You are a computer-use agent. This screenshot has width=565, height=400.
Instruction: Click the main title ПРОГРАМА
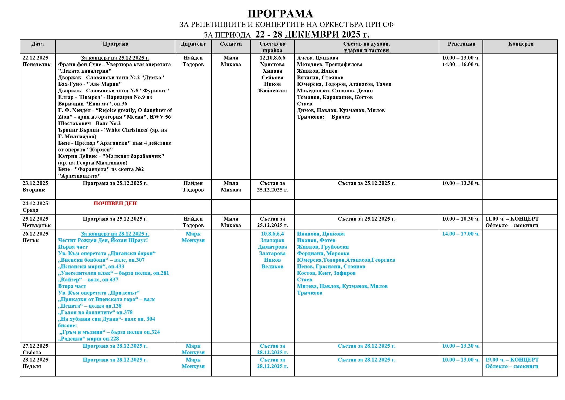(x=280, y=14)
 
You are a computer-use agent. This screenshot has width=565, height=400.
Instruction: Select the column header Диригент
(x=193, y=44)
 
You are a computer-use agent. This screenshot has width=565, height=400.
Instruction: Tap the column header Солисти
(x=231, y=44)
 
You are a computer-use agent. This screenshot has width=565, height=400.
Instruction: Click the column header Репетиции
(x=461, y=44)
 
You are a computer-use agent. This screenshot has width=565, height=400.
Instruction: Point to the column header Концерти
(x=521, y=44)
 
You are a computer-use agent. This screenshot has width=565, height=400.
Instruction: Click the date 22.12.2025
(x=35, y=58)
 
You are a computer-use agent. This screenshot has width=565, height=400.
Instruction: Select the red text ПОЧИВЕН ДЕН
(x=115, y=204)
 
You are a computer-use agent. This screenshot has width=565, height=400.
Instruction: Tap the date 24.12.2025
(x=35, y=204)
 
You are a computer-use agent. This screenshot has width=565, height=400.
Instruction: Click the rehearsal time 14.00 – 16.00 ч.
(x=461, y=65)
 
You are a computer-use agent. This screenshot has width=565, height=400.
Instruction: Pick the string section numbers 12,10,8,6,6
(x=272, y=58)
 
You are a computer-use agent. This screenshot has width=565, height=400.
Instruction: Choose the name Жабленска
(x=272, y=91)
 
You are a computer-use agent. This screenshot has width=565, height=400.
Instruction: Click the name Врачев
(x=341, y=117)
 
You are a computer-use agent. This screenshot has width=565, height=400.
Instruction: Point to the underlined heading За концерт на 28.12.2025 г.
(x=115, y=234)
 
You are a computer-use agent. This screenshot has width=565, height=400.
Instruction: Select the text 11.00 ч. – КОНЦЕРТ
(x=512, y=219)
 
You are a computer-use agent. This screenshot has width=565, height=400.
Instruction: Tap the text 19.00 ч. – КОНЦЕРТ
(x=512, y=360)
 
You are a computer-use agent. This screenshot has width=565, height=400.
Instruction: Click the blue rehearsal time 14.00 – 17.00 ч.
(x=461, y=234)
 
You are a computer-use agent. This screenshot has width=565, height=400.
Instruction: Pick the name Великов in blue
(x=272, y=267)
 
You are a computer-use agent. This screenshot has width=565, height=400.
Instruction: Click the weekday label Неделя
(x=32, y=367)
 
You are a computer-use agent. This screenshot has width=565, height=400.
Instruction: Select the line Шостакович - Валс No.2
(x=89, y=123)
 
